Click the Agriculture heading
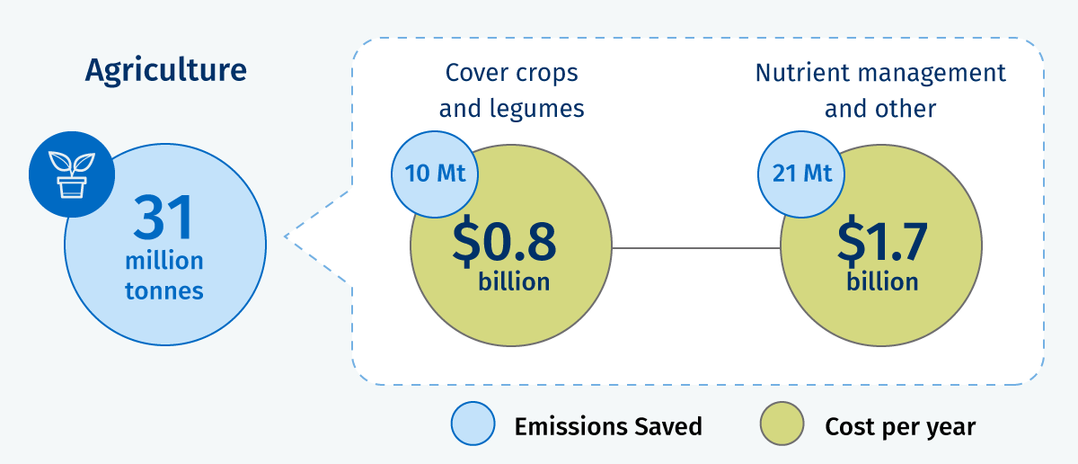point(166,71)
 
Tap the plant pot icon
point(72,174)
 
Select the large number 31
point(163,218)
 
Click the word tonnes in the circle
point(164,290)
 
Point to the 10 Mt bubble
point(435,174)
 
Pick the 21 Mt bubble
point(801,174)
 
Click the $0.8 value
point(504,241)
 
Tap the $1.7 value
point(881,241)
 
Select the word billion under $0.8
point(514,281)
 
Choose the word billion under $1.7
point(882,281)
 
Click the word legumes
point(536,109)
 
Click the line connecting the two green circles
point(696,248)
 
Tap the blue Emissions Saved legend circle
point(473,424)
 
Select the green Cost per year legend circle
point(782,424)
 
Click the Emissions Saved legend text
point(608,426)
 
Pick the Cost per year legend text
point(900,427)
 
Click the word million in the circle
point(164,261)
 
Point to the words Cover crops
point(511,73)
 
